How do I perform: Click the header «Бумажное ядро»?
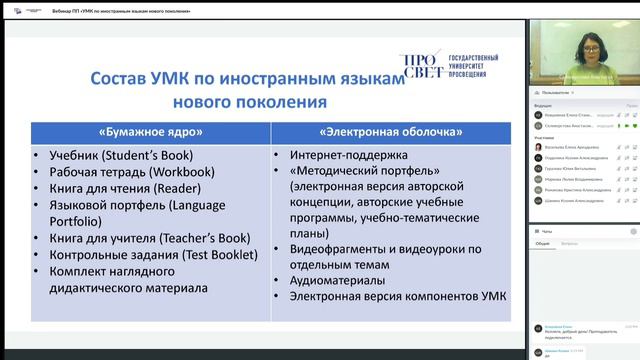[150, 131]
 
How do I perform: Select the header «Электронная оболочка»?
[390, 131]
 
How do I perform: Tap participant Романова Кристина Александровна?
[577, 189]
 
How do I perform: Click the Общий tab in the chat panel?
[542, 243]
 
